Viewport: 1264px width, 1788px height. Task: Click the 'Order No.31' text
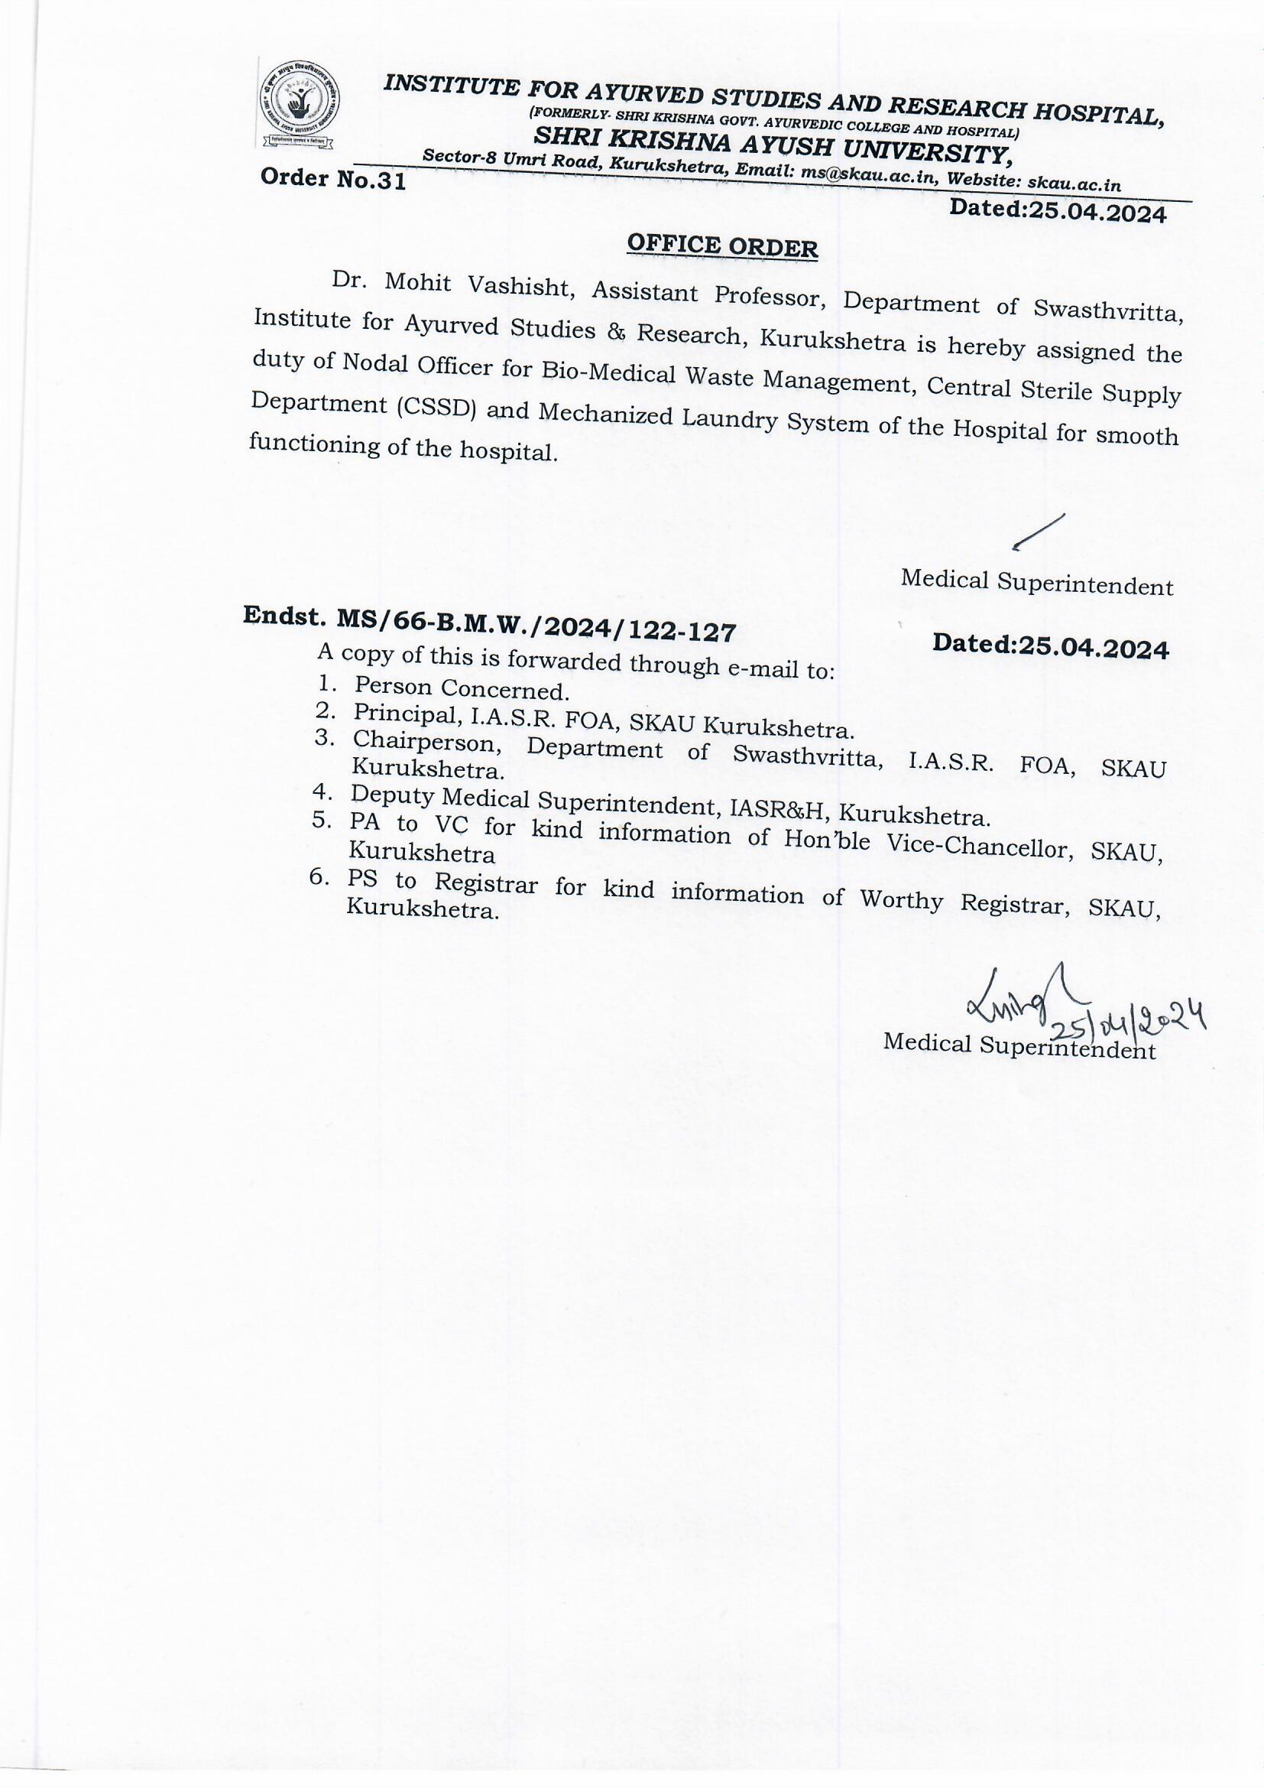click(x=333, y=179)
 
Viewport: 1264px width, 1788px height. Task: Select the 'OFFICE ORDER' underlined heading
click(x=722, y=246)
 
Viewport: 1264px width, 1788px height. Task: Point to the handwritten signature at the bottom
click(x=1010, y=998)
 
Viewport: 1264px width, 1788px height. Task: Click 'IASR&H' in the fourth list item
click(x=778, y=811)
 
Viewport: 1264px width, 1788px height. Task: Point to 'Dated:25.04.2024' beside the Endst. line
click(x=1050, y=646)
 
